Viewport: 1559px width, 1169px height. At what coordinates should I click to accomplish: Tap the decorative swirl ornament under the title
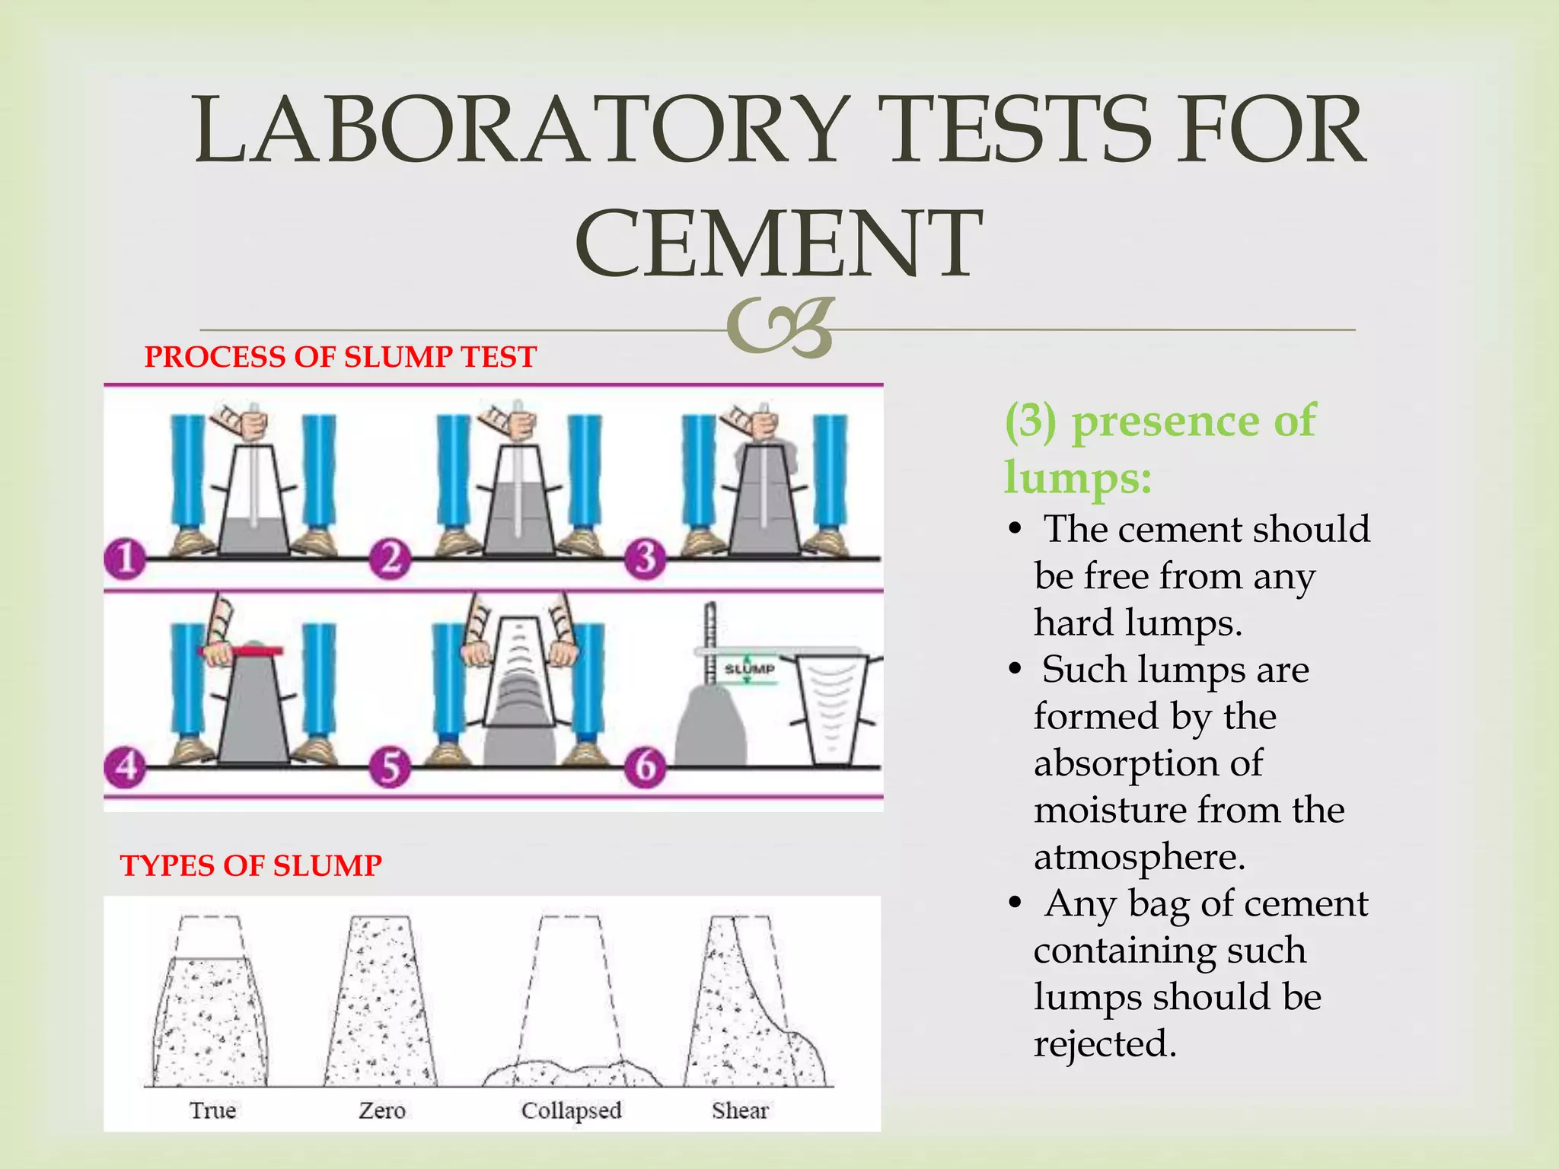point(779,327)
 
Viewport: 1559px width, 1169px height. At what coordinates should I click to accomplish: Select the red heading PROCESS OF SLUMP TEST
point(340,357)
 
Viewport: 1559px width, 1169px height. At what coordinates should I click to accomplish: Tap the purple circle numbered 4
point(125,766)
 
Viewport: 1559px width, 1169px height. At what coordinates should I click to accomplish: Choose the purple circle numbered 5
point(390,766)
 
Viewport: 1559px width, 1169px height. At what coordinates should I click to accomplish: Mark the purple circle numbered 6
point(646,766)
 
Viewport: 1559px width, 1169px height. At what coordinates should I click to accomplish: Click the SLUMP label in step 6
point(749,669)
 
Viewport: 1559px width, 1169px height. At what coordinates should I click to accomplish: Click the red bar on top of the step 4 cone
point(241,651)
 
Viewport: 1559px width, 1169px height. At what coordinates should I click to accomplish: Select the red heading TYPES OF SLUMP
point(250,865)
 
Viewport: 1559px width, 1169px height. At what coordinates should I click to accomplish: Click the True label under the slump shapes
point(212,1110)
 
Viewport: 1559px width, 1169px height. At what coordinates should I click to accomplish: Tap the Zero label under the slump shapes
point(381,1110)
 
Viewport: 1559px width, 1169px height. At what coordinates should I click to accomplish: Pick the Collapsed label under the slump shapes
point(571,1110)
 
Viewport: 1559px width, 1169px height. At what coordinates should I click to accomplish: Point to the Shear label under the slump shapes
point(740,1110)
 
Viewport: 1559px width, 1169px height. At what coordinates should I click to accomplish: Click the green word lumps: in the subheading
point(1077,478)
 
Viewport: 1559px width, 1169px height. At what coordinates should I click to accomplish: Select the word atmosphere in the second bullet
point(1138,858)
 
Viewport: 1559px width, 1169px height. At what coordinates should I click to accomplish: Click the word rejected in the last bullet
point(1104,1044)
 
